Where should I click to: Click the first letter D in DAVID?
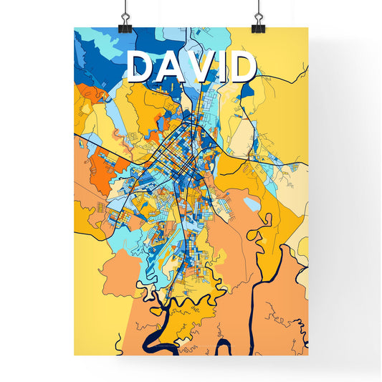(x=140, y=67)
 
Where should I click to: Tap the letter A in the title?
(x=171, y=67)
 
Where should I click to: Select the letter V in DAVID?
(x=203, y=67)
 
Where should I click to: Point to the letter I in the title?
(x=224, y=67)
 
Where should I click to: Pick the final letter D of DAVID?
(x=244, y=67)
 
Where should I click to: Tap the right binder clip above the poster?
(x=257, y=23)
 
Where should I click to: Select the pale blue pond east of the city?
(x=251, y=205)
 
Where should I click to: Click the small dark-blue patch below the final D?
(x=246, y=91)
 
